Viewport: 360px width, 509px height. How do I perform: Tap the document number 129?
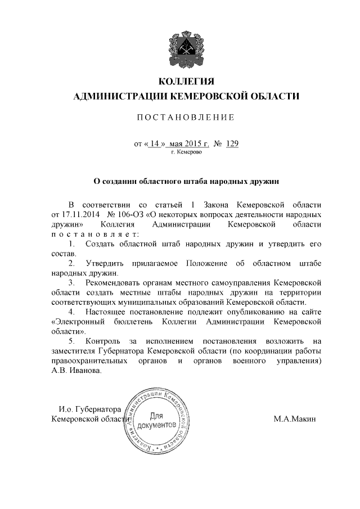232,143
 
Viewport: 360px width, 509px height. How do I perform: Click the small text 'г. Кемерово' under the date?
186,152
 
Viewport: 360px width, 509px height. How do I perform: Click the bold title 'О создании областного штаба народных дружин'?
186,181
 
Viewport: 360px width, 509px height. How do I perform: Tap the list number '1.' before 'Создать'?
71,244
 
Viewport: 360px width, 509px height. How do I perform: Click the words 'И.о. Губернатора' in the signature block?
90,409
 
